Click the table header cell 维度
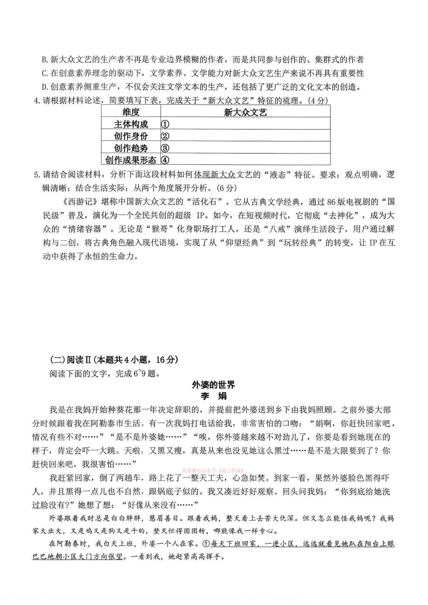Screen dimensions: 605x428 (131, 112)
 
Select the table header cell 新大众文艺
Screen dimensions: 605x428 (245, 112)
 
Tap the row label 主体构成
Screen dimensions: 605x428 (131, 124)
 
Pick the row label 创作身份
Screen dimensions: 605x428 (131, 136)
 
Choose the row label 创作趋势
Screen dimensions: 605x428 (131, 148)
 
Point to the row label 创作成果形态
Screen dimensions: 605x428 (131, 160)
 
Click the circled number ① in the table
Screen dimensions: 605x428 (165, 124)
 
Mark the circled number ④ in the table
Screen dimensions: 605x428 (165, 160)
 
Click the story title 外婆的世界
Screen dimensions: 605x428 (213, 385)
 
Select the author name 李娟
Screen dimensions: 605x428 (213, 396)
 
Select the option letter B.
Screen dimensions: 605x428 (44, 60)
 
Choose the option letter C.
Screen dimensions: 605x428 (44, 73)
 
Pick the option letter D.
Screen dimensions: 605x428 (44, 87)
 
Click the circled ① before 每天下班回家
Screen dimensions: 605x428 (206, 544)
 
